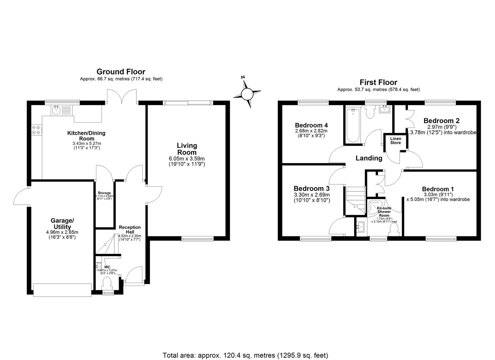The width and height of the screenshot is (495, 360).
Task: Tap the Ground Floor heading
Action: [121, 72]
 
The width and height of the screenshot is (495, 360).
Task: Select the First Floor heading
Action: [378, 82]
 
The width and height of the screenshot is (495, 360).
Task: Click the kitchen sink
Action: [56, 110]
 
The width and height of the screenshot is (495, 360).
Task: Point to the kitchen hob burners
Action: [36, 130]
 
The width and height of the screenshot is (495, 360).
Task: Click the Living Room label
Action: [187, 149]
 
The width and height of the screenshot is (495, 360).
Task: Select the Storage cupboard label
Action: [104, 193]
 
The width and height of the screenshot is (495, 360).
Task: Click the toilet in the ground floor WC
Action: [107, 284]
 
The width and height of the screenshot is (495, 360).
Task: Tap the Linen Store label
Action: [396, 140]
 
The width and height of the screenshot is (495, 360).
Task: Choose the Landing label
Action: [369, 158]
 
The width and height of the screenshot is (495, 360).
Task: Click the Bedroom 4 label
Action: [311, 125]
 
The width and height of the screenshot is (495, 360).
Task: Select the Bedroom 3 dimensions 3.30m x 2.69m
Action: [312, 195]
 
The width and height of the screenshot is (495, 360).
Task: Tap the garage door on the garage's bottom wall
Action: [62, 289]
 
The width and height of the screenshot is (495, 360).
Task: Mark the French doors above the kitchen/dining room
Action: [122, 97]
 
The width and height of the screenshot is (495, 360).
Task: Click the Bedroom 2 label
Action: [439, 121]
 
